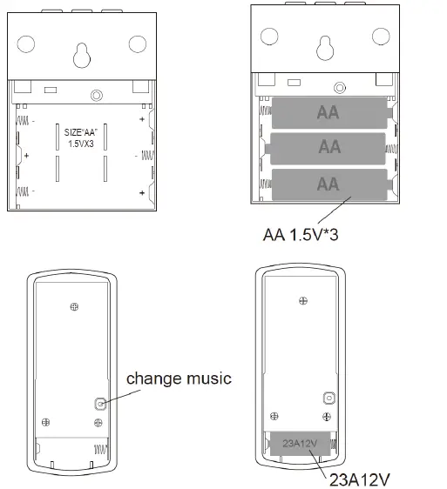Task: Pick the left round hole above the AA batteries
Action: pos(269,37)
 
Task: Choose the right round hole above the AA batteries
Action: pos(380,37)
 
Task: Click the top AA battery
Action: pos(328,113)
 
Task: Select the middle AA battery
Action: pos(328,148)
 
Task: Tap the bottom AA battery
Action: pos(328,184)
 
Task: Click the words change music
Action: pos(179,378)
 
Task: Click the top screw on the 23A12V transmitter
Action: pos(301,300)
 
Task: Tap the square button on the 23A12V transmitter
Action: pos(328,397)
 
